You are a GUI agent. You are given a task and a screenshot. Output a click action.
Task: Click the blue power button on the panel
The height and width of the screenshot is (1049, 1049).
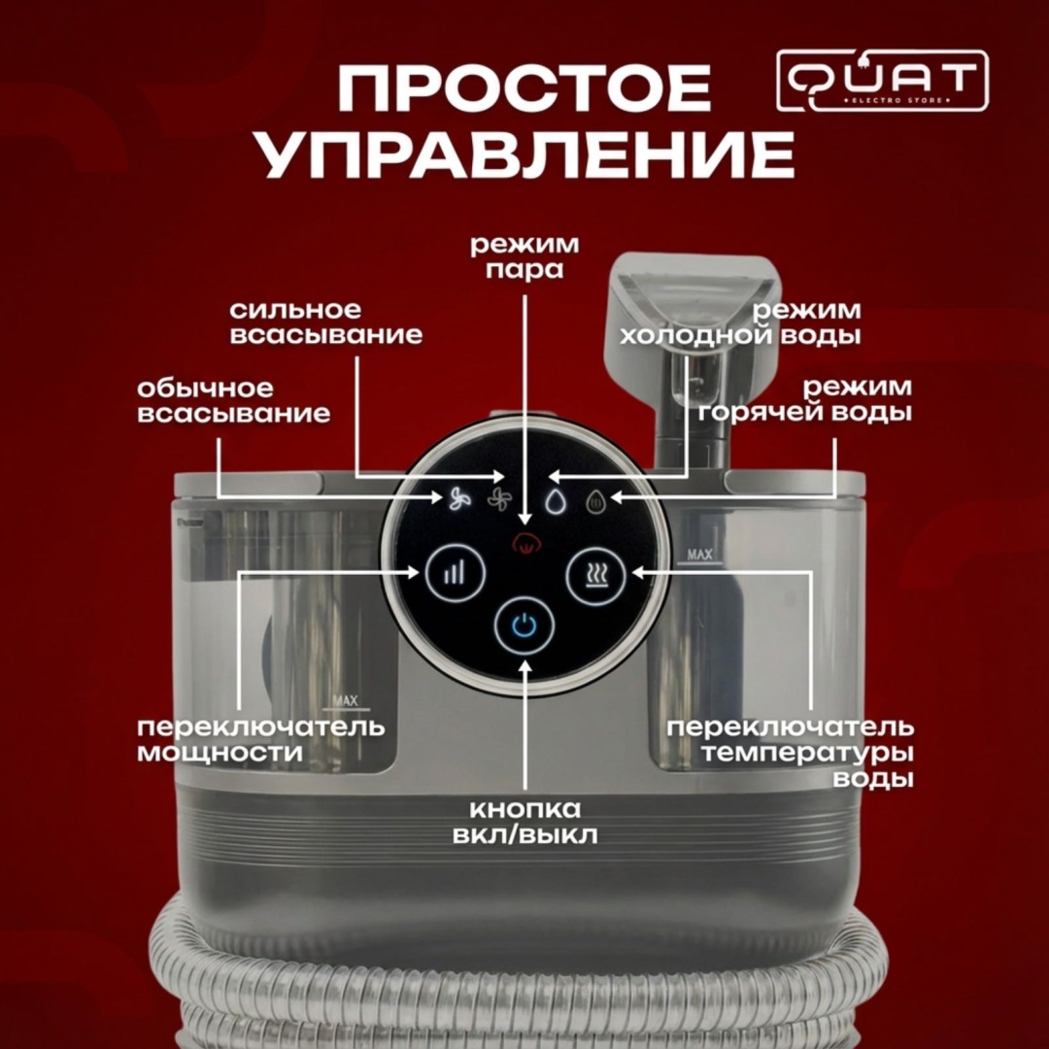coord(524,626)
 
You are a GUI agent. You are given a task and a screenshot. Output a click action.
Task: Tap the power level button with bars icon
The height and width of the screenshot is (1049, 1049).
coord(455,573)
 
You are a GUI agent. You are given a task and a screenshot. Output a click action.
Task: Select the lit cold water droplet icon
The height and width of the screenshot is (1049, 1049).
coord(555,501)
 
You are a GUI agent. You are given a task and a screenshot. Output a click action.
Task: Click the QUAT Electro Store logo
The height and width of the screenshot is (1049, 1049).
coord(882,81)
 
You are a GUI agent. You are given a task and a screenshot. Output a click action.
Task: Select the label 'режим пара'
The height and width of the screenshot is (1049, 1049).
coord(524,256)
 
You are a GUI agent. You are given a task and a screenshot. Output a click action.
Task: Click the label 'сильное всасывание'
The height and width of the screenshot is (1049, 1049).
coord(325,322)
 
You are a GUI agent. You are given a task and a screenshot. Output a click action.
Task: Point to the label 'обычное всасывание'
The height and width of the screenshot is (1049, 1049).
coord(234,401)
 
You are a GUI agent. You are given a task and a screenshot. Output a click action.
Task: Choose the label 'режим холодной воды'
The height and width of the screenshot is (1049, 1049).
coord(740,322)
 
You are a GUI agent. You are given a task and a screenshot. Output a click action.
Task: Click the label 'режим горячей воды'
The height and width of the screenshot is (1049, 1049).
coord(805,399)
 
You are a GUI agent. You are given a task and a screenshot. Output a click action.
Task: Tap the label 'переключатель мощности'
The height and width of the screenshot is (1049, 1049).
coord(261,740)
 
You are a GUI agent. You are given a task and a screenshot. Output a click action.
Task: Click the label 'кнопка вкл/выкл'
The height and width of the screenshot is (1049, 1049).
coord(525,823)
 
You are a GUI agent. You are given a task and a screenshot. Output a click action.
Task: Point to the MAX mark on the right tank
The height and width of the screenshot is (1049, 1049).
coord(699,555)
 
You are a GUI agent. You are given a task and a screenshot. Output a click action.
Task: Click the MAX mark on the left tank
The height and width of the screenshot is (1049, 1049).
coord(345,701)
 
